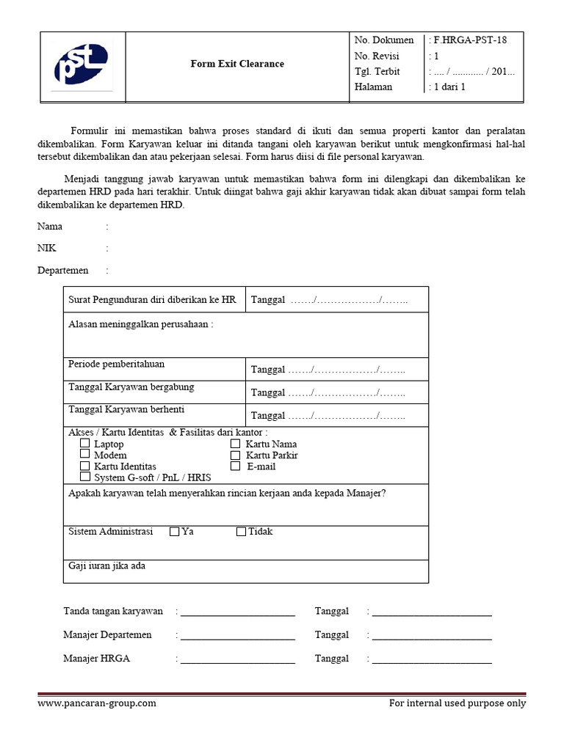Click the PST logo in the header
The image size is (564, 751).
pos(82,65)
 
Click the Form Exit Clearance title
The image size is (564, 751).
pos(237,64)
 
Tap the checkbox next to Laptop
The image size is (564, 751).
pos(85,444)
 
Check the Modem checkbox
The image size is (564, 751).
pos(85,455)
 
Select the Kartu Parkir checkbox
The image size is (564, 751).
pos(235,455)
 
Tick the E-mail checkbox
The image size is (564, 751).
pos(235,466)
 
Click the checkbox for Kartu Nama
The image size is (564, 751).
pos(235,444)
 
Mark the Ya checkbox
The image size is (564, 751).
pos(174,532)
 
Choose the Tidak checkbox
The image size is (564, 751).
pos(241,532)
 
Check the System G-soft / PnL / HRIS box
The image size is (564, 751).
pos(85,477)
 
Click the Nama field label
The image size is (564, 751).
pos(50,227)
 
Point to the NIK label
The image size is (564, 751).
pos(47,249)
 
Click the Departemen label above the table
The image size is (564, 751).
pos(62,271)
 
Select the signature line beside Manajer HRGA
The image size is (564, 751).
pos(237,659)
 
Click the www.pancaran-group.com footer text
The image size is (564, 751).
pos(97,703)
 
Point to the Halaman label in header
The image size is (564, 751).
pos(373,87)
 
